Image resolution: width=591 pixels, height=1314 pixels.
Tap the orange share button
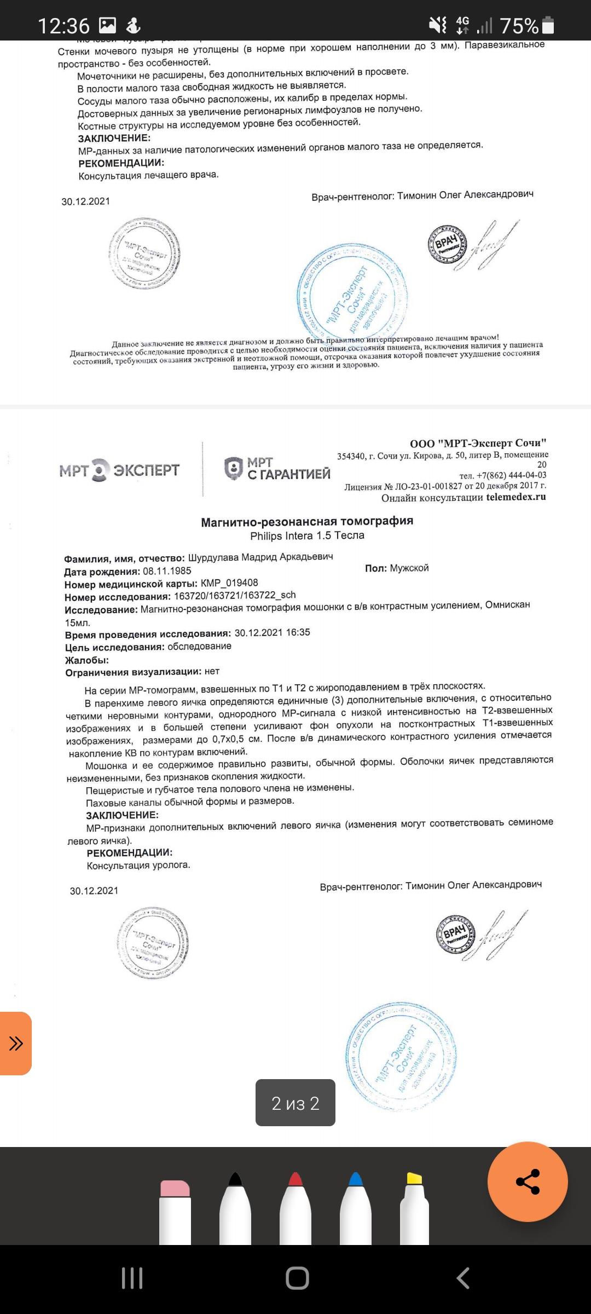pyautogui.click(x=528, y=1181)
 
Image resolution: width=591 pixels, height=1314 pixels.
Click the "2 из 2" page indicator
pyautogui.click(x=296, y=1103)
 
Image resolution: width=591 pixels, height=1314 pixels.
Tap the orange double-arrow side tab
pyautogui.click(x=15, y=1043)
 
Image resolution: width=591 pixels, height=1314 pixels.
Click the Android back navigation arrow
pyautogui.click(x=463, y=1278)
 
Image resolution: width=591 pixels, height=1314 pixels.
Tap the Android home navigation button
pyautogui.click(x=297, y=1278)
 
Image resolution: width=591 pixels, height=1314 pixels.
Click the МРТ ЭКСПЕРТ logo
pyautogui.click(x=119, y=470)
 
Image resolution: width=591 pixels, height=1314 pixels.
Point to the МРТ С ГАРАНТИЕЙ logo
pyautogui.click(x=277, y=469)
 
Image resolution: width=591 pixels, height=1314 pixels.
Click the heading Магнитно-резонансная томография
pyautogui.click(x=307, y=521)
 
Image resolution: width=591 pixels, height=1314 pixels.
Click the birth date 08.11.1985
pyautogui.click(x=167, y=570)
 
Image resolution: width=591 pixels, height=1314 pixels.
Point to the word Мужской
pyautogui.click(x=409, y=568)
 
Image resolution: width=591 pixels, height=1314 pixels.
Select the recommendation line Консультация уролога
pyautogui.click(x=138, y=866)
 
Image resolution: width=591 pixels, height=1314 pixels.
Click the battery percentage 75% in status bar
pyautogui.click(x=519, y=26)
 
